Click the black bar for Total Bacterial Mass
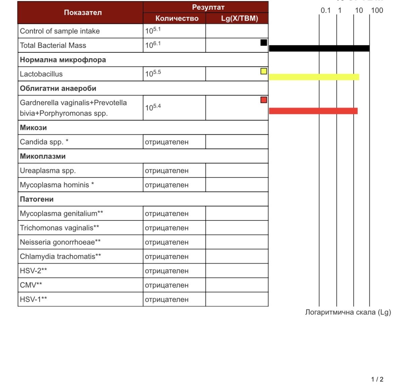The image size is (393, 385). [319, 48]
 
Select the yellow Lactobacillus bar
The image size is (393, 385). [314, 77]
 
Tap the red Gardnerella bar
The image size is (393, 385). [313, 111]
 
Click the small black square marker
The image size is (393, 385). [264, 42]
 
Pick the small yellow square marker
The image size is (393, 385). [264, 71]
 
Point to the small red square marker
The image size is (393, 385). [264, 100]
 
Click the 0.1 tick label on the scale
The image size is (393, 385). [325, 10]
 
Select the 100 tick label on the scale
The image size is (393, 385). [377, 10]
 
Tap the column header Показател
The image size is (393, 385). [83, 13]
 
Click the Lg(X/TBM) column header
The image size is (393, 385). [239, 18]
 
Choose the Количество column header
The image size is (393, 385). [177, 18]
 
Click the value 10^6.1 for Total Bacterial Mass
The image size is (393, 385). [153, 45]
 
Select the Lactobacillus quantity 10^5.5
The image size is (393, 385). [153, 73]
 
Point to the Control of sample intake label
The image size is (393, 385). [60, 31]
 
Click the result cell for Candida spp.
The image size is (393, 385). [167, 142]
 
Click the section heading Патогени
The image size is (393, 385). [37, 199]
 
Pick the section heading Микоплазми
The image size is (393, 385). [43, 156]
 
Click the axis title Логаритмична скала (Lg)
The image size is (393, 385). [348, 312]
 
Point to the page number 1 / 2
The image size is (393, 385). [377, 379]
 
